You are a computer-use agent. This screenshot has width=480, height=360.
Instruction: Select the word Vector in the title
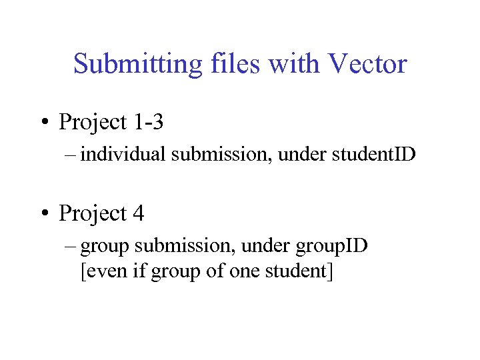pyautogui.click(x=367, y=65)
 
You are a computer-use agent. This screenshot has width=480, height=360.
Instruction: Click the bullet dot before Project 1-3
pyautogui.click(x=45, y=123)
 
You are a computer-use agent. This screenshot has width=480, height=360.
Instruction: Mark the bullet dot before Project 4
pyautogui.click(x=45, y=214)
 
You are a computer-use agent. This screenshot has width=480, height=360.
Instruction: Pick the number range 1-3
pyautogui.click(x=148, y=123)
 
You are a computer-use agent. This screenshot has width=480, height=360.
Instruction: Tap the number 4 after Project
pyautogui.click(x=138, y=214)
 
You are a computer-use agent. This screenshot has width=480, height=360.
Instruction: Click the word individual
pyautogui.click(x=123, y=155)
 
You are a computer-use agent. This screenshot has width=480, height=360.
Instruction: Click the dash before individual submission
pyautogui.click(x=71, y=155)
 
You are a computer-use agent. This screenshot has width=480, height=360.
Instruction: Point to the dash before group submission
pyautogui.click(x=71, y=246)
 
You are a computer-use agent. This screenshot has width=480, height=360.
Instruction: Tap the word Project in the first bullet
pyautogui.click(x=93, y=123)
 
